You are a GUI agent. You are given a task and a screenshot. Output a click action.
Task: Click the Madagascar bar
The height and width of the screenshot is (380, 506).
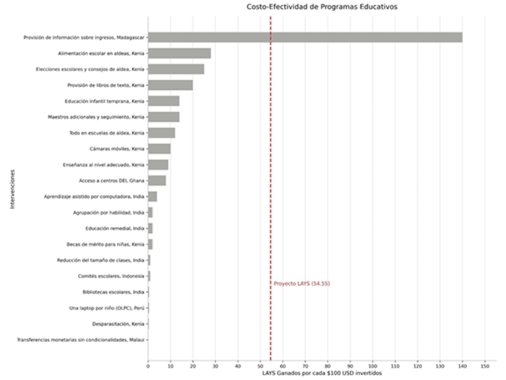[x=305, y=37]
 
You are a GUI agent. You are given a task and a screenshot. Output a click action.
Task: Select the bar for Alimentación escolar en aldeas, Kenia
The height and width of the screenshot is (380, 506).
[x=179, y=53]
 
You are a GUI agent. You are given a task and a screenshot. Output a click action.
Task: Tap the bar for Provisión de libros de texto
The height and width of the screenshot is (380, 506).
[x=170, y=85]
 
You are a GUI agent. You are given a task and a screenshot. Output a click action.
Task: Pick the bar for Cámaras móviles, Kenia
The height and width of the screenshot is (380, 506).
[x=159, y=149]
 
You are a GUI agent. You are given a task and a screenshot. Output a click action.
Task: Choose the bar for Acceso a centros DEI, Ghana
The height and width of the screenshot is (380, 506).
[x=157, y=181]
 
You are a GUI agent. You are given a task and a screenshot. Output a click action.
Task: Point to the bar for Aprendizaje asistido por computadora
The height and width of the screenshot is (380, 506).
[x=153, y=197]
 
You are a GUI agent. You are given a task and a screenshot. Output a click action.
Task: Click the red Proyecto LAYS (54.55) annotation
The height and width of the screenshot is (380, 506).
[x=302, y=284]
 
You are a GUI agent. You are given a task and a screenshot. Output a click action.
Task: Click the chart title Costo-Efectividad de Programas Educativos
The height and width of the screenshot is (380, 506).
[x=322, y=7]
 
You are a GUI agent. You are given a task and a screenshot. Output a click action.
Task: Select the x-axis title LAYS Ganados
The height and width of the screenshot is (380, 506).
[x=322, y=373]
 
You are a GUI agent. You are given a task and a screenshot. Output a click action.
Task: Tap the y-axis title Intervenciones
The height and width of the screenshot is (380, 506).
[x=12, y=189]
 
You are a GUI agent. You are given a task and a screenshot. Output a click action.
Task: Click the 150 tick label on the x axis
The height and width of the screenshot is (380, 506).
[x=485, y=366]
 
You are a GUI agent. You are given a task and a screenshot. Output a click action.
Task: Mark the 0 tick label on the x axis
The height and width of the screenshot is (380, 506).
[x=148, y=366]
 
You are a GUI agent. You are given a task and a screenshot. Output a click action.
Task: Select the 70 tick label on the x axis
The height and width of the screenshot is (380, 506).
[x=305, y=366]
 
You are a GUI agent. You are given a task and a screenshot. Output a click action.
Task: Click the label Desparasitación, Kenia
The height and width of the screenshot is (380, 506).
[x=118, y=324]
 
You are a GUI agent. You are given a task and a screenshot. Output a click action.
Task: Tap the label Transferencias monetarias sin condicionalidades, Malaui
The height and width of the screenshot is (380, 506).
[x=81, y=340]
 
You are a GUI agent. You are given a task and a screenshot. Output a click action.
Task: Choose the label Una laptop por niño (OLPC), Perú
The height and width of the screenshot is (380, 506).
[x=107, y=308]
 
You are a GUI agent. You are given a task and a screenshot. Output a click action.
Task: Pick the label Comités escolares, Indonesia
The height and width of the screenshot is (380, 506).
[x=111, y=276]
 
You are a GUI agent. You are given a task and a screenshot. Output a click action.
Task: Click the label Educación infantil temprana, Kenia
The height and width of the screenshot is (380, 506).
[x=104, y=101]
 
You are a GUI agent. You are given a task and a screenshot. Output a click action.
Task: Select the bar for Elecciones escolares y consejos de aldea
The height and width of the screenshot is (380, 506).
[x=176, y=69]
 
